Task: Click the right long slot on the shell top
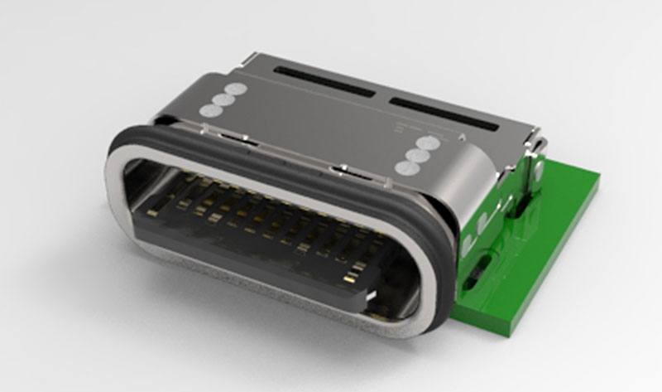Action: [x=443, y=114]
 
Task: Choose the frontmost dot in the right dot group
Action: [x=407, y=167]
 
